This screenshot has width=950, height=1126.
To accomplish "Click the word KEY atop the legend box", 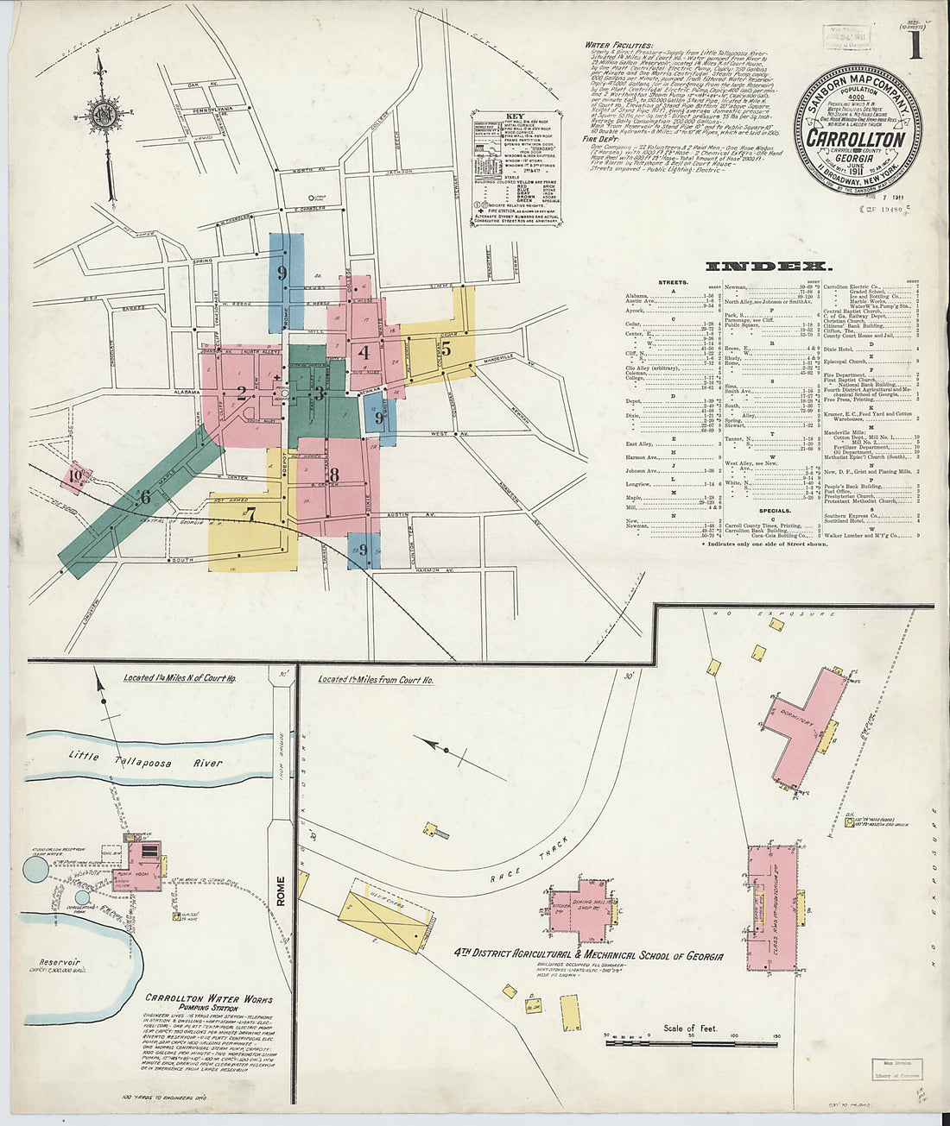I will pyautogui.click(x=515, y=116).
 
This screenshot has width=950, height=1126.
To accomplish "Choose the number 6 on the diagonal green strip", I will pyautogui.click(x=145, y=496).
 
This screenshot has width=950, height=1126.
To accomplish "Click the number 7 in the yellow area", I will pyautogui.click(x=250, y=516).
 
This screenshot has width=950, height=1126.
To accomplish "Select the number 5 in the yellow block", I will pyautogui.click(x=446, y=349).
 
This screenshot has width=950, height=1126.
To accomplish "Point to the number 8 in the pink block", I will pyautogui.click(x=333, y=474).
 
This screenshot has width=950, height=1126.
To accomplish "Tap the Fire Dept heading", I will pyautogui.click(x=602, y=138).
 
